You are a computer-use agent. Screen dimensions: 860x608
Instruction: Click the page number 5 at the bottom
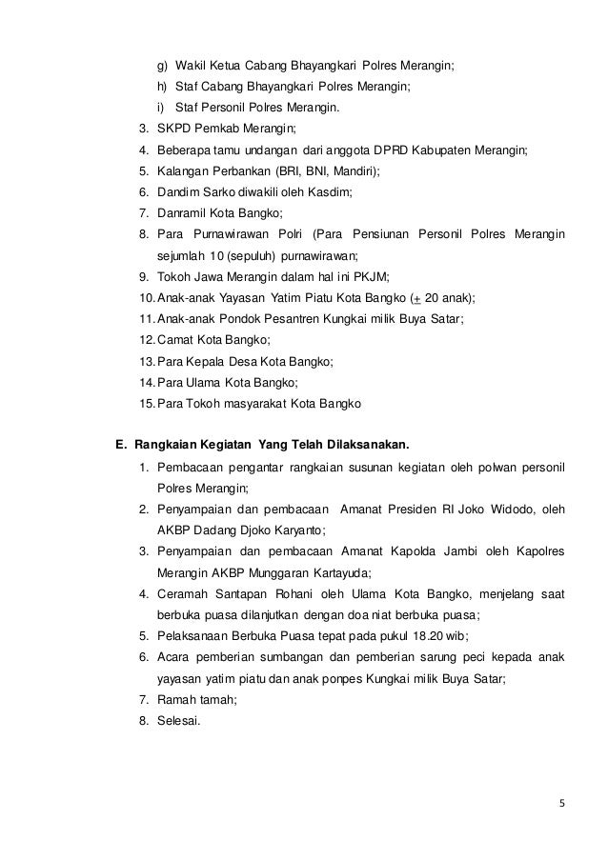[561, 802]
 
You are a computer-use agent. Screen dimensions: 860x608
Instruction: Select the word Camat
[180, 340]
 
